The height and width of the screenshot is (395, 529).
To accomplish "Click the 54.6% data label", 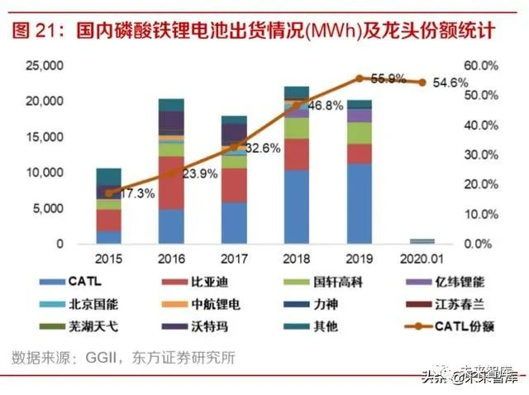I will (x=451, y=83).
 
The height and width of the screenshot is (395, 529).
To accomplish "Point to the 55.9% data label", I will (x=388, y=79).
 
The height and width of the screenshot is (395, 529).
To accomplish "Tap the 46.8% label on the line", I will (x=324, y=106).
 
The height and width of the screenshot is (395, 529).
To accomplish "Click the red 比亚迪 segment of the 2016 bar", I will (x=170, y=183).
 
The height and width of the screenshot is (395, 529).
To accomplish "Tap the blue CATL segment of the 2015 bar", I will (x=108, y=237).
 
